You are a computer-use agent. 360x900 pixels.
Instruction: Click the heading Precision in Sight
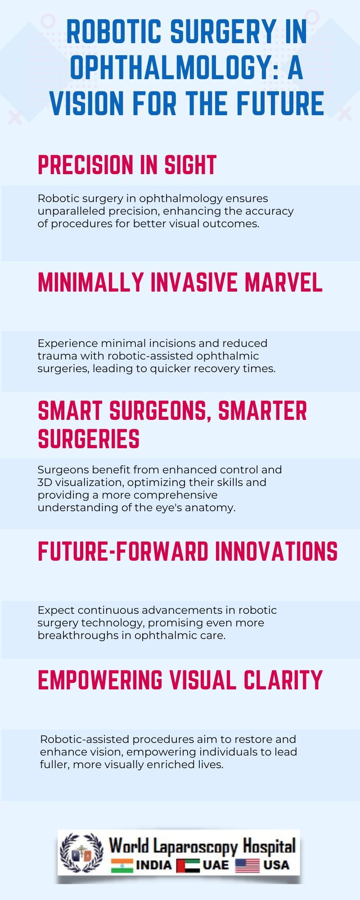click(127, 165)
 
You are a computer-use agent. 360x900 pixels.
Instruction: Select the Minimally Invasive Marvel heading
click(180, 283)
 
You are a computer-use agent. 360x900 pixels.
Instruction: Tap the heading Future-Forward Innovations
click(188, 551)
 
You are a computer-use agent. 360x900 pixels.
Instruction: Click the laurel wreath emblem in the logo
click(81, 854)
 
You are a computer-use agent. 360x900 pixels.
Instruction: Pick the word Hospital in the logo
click(269, 846)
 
